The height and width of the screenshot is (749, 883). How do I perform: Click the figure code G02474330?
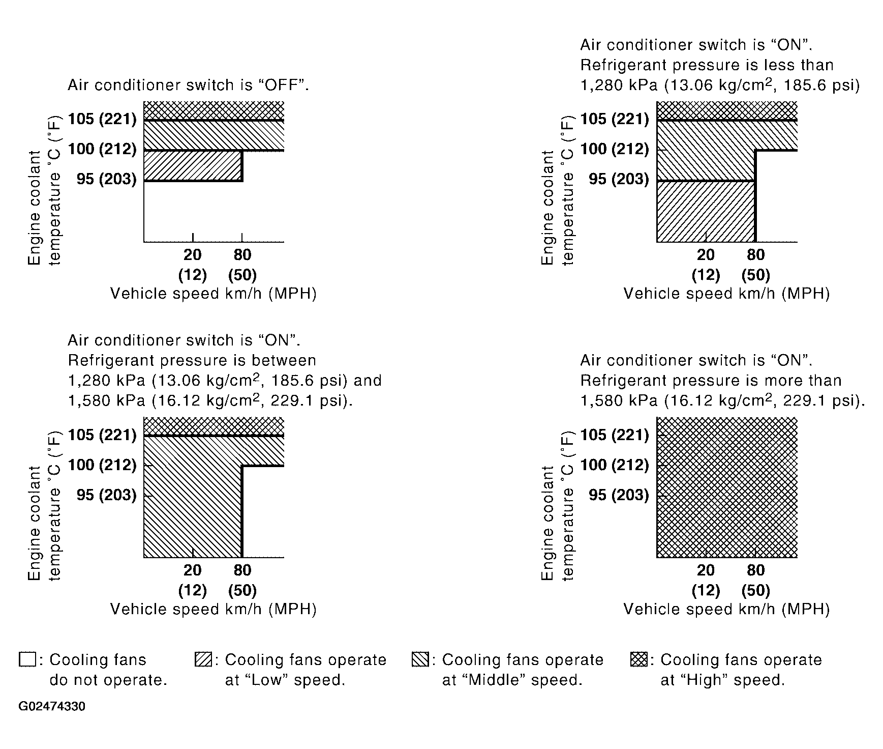[x=52, y=707]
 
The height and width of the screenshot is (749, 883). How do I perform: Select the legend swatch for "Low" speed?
[x=203, y=660]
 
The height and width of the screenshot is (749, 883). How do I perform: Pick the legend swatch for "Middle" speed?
[x=420, y=660]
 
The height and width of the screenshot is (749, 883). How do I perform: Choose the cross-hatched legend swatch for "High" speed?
[x=638, y=660]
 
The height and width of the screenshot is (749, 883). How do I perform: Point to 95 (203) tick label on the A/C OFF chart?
[x=107, y=179]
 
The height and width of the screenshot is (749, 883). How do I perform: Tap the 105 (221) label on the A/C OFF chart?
[x=102, y=119]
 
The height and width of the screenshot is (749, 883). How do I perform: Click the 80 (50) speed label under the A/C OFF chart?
[x=242, y=265]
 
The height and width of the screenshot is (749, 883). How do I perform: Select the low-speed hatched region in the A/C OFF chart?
[x=193, y=166]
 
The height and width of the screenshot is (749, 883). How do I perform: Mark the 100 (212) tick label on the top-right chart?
[x=615, y=149]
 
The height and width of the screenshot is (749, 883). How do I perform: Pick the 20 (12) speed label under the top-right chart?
[x=706, y=265]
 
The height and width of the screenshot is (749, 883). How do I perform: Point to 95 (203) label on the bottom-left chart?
[x=107, y=495]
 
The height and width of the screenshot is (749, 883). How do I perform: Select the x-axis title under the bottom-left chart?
[x=214, y=609]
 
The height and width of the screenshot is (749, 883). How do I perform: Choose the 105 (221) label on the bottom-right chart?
[x=615, y=435]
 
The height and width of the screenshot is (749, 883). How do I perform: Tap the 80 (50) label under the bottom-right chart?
[x=756, y=580]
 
